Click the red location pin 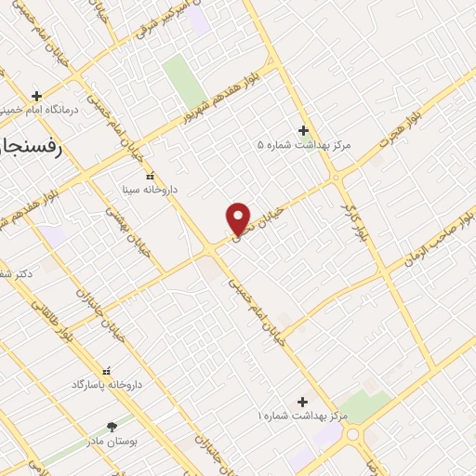(239, 218)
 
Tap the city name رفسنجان (28, 146)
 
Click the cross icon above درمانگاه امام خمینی (36, 95)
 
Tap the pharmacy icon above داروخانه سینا (150, 175)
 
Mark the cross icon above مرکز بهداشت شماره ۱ (300, 400)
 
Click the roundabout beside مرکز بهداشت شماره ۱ (352, 433)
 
